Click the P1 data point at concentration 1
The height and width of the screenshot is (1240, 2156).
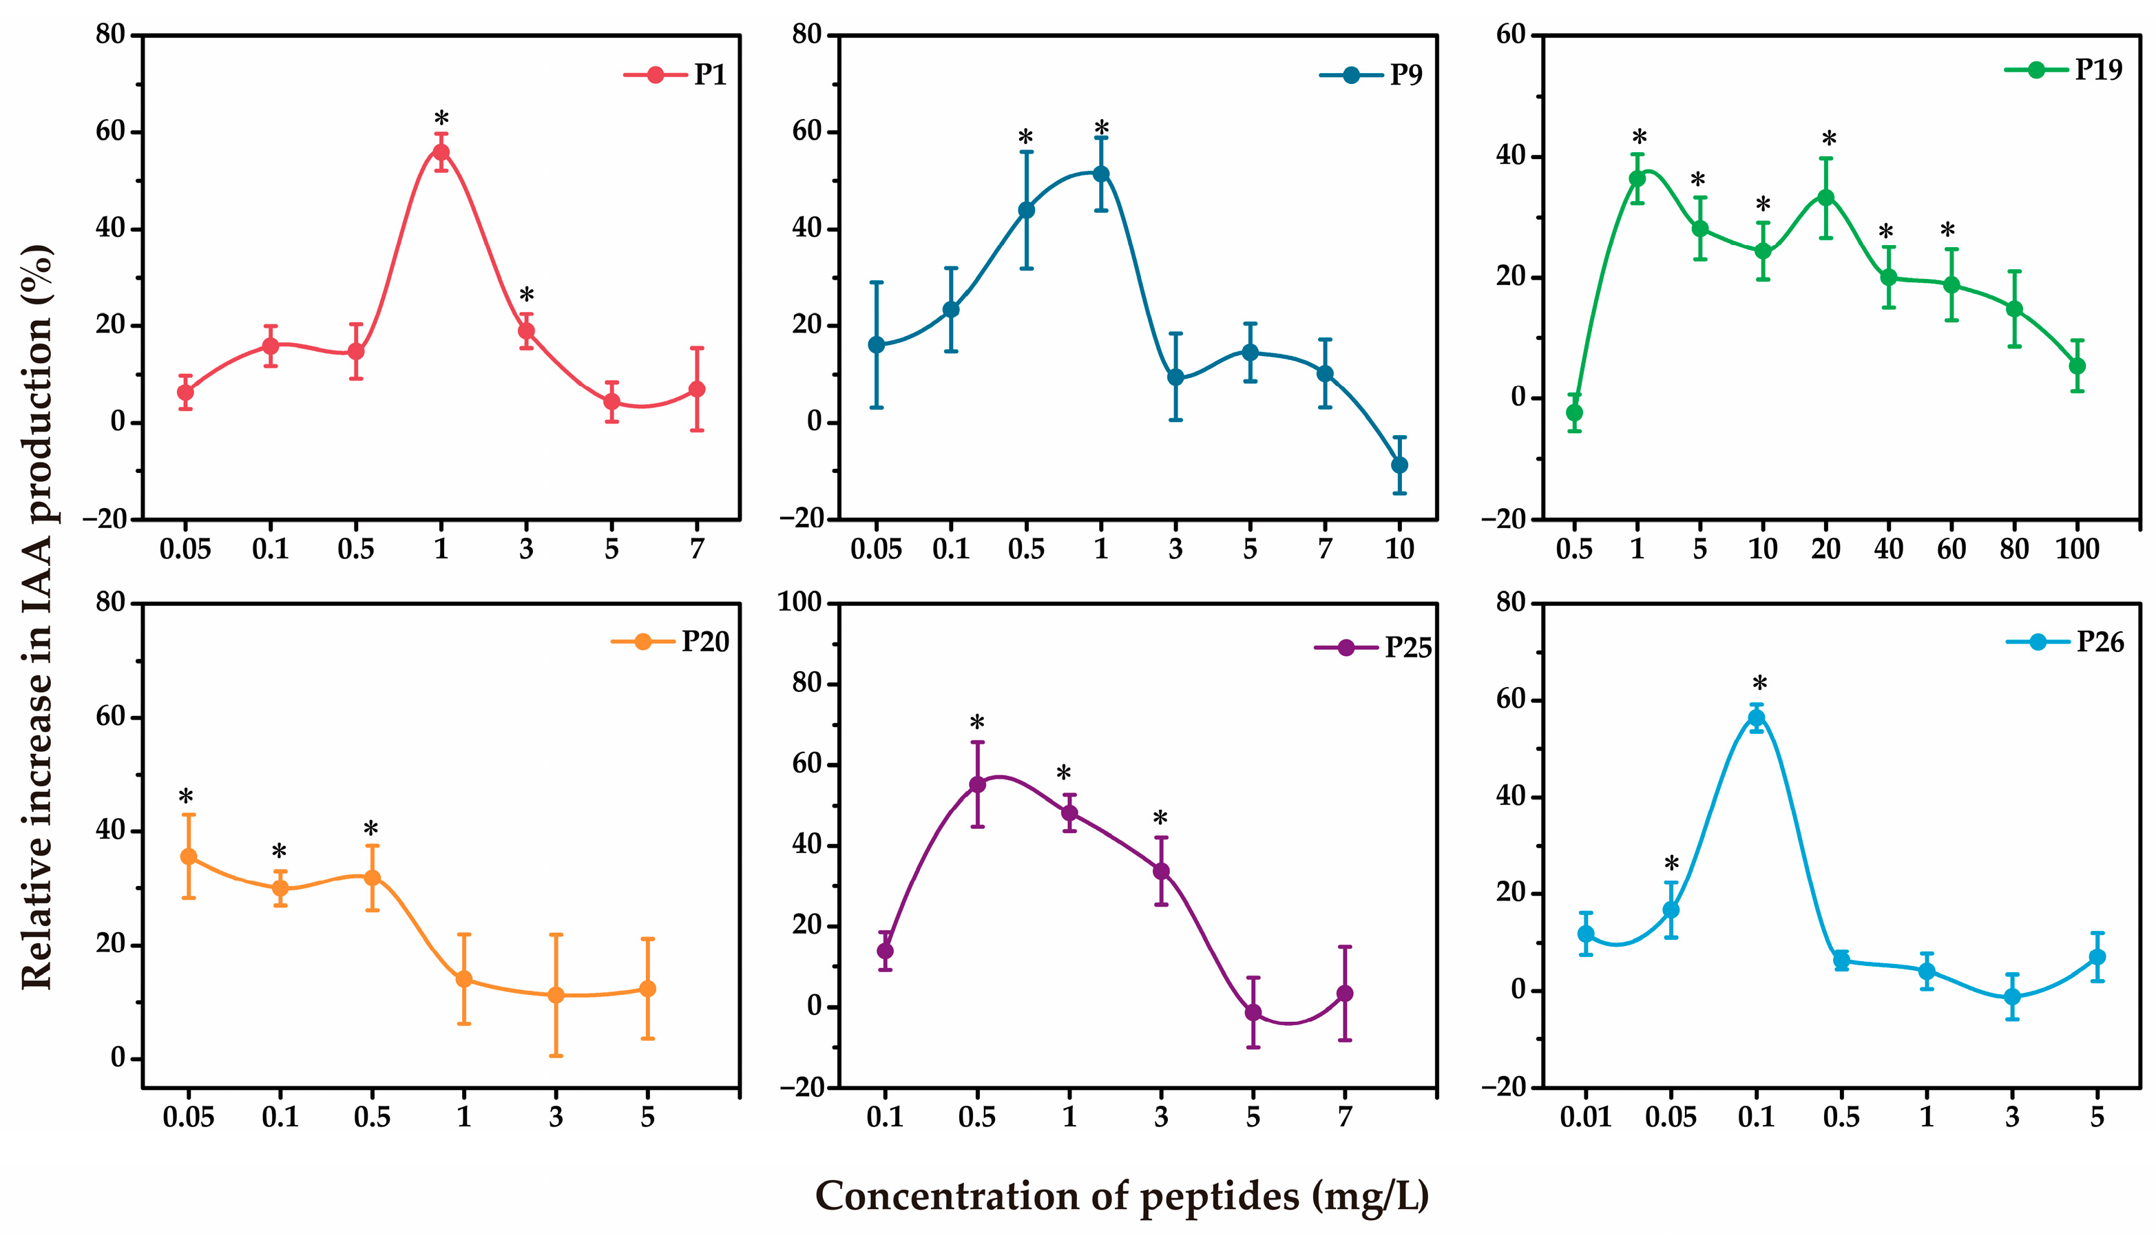(441, 152)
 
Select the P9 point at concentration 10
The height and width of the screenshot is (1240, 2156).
(1399, 465)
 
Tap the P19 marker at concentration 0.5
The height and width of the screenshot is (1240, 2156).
(1574, 413)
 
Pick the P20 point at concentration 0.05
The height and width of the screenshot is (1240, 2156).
(188, 857)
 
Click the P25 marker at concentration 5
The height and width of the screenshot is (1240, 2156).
(1253, 1013)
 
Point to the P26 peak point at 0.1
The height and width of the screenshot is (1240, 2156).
(1756, 718)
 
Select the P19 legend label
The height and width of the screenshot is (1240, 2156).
(2098, 70)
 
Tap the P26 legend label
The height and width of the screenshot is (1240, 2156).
(2100, 642)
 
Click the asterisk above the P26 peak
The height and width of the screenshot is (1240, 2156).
(1759, 684)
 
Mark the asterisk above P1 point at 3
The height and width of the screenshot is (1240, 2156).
(526, 296)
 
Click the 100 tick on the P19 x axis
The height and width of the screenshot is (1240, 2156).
(2077, 549)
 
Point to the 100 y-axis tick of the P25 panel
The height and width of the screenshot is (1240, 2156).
(799, 603)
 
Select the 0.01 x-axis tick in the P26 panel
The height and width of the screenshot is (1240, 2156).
(1585, 1117)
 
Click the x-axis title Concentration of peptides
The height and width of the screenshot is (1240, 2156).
(1122, 1197)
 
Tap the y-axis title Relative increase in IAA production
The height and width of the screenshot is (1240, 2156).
(36, 618)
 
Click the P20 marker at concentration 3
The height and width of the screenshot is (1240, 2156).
(555, 995)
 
